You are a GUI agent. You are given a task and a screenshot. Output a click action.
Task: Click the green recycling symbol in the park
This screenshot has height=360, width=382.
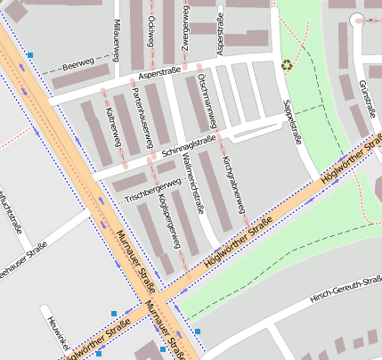click(287, 64)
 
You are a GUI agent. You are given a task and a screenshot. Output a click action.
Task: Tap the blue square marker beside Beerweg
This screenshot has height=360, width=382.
click(30, 55)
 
